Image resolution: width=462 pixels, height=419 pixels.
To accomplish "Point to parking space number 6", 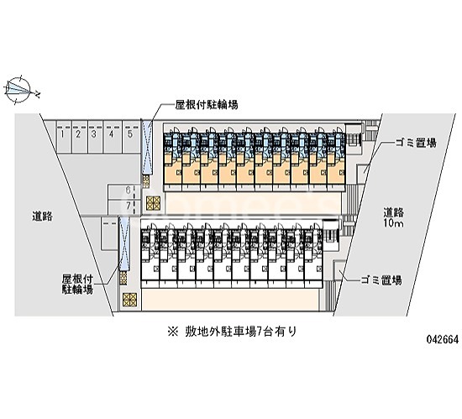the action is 122,191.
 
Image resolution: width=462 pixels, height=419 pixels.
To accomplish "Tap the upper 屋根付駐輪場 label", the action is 207,104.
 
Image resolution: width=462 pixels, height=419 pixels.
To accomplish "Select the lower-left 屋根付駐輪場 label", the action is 77,284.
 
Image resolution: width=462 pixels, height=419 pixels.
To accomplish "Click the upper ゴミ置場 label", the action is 416,143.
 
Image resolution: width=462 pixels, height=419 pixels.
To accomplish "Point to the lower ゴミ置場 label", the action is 381,280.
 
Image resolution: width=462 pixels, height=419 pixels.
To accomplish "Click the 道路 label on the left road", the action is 43,217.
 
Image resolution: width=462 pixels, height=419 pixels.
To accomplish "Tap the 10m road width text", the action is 393,223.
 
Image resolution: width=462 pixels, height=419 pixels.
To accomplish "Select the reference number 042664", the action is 444,340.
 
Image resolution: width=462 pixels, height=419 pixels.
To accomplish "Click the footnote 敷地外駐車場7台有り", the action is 232,332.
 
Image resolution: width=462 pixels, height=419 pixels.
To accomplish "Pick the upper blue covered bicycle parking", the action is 147,146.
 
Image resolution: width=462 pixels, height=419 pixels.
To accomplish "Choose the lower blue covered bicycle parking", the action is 124,244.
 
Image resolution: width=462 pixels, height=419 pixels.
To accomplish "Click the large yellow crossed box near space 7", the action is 153,203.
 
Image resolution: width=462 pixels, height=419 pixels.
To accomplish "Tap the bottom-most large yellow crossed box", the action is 130,301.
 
